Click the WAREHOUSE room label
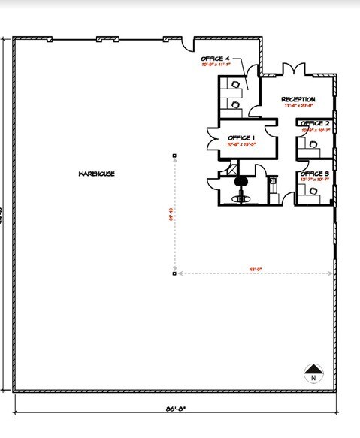[x=95, y=174]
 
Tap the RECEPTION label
[x=298, y=99]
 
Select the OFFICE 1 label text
[x=242, y=137]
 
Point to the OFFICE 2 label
[x=315, y=123]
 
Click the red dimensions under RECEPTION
[x=299, y=106]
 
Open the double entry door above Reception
[x=294, y=71]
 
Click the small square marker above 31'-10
[x=174, y=156]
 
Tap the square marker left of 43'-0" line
[x=174, y=273]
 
